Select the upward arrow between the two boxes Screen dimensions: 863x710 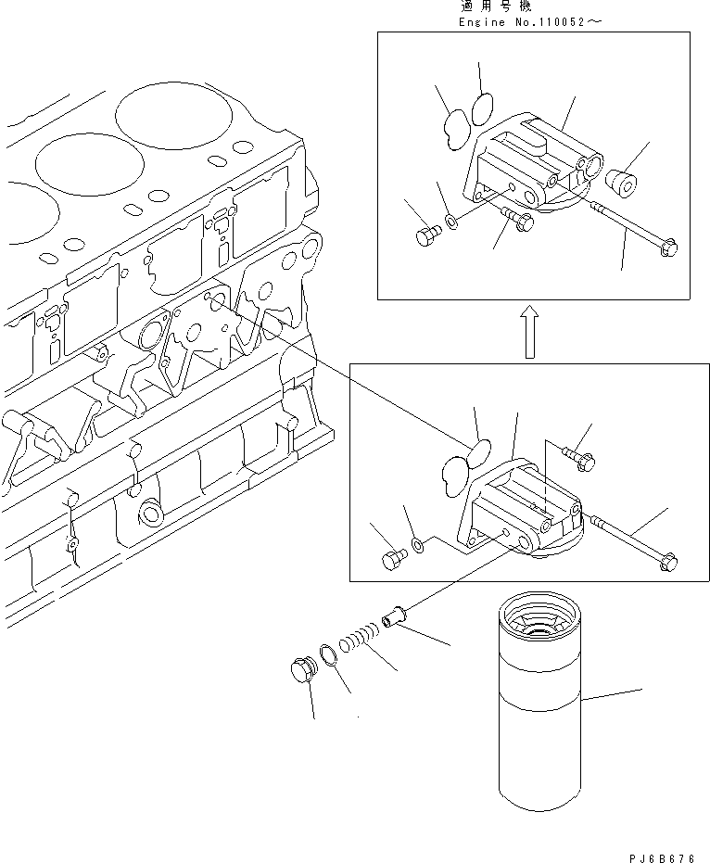528,333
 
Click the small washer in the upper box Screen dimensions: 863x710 450,222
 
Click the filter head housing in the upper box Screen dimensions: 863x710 528,167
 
